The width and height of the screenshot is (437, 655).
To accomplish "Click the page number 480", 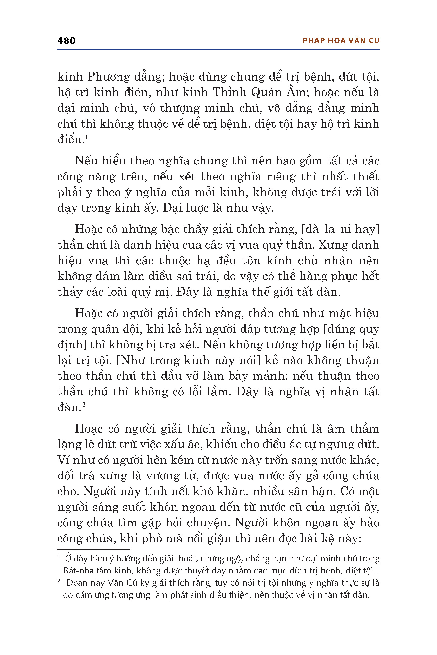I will click(x=66, y=41).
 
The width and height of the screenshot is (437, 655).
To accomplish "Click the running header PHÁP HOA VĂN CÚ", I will click(x=341, y=41).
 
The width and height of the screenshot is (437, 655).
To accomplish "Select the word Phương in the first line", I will click(x=109, y=77).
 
